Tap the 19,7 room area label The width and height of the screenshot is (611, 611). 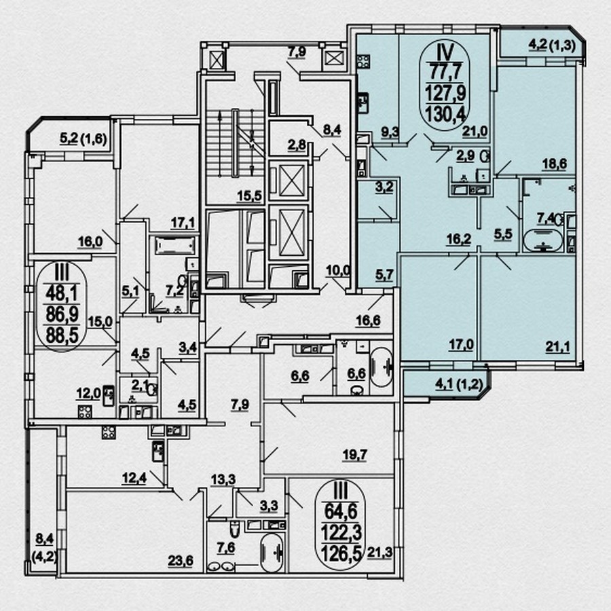pos(354,455)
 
